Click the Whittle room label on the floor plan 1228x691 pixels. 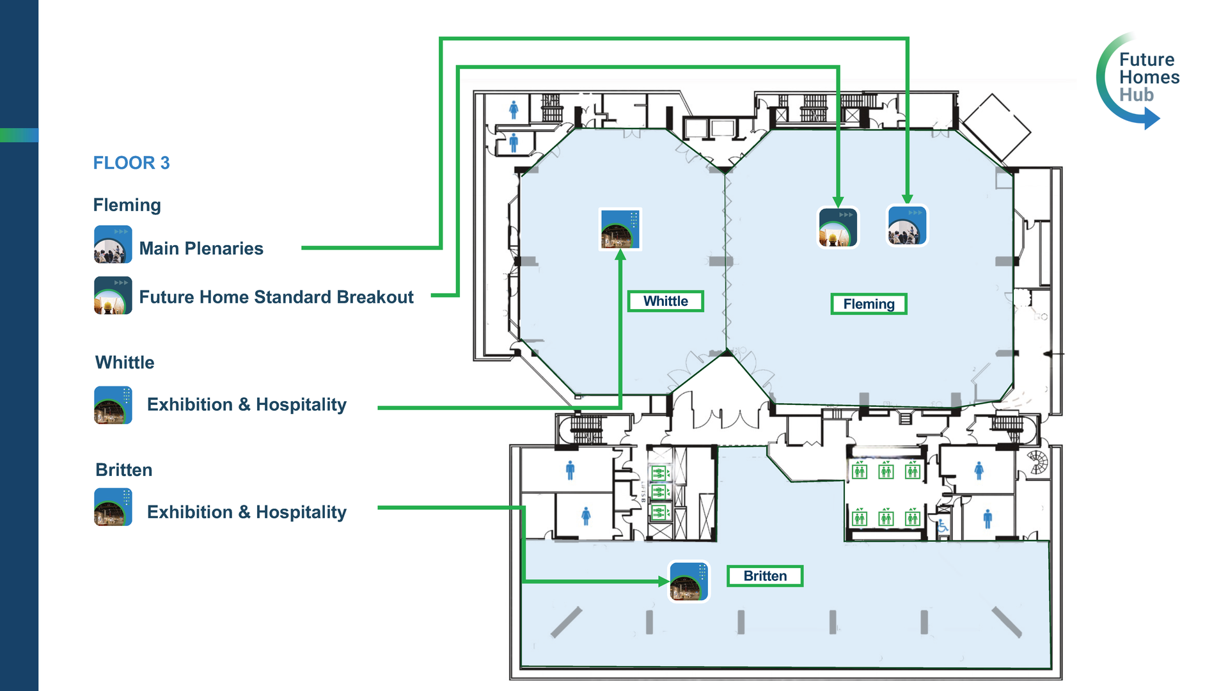pos(665,301)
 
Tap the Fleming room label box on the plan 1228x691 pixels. pos(869,304)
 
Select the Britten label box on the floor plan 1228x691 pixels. pos(765,576)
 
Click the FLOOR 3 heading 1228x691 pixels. pos(131,163)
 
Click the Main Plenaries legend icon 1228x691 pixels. pos(113,244)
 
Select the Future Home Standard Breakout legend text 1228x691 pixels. pos(276,297)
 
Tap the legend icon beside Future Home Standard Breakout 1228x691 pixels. pos(113,296)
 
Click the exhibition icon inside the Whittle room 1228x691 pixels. pos(620,229)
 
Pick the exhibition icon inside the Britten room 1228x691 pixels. pos(689,582)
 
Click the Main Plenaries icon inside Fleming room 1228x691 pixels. pos(907,225)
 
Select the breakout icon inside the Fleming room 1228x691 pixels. pos(838,227)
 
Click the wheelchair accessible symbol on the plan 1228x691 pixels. pos(943,526)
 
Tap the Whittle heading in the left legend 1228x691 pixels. pos(125,363)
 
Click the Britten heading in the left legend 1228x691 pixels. pos(124,470)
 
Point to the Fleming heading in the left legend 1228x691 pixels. pos(127,205)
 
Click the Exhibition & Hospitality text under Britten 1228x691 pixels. pos(247,512)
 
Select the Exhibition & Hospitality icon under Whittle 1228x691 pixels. pos(113,405)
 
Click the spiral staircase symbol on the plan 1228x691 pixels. pos(1037,462)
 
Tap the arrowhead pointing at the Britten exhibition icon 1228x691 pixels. pos(664,582)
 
